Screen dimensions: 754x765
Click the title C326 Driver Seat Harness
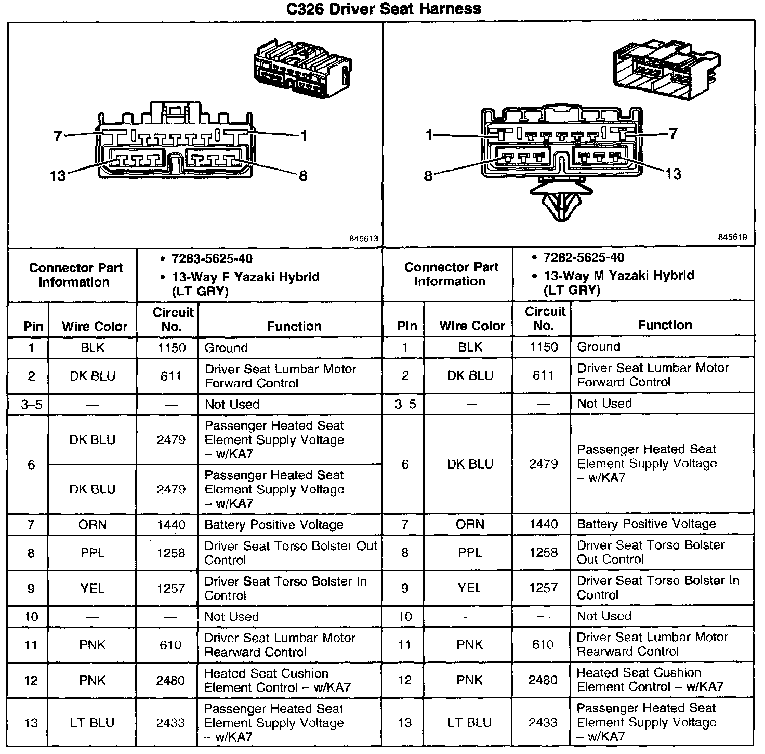pos(384,9)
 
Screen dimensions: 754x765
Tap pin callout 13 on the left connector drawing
pos(58,176)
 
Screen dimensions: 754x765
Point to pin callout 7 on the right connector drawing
pos(673,134)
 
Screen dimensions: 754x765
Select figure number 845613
pos(363,238)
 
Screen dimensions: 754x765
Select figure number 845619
pos(732,237)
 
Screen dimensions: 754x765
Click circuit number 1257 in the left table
pos(171,588)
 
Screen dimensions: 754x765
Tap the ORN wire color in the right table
pos(470,524)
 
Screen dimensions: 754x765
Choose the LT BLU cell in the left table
pos(92,722)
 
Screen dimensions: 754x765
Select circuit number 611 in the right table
pos(543,375)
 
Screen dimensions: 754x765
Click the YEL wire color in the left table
pos(93,588)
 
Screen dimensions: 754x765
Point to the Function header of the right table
pos(665,325)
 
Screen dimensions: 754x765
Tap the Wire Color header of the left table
pos(95,326)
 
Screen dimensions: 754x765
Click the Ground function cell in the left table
pos(226,347)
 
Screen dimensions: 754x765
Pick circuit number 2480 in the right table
pos(543,680)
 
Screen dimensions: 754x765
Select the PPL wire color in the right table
pos(470,552)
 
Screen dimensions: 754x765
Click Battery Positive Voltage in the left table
pos(274,525)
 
